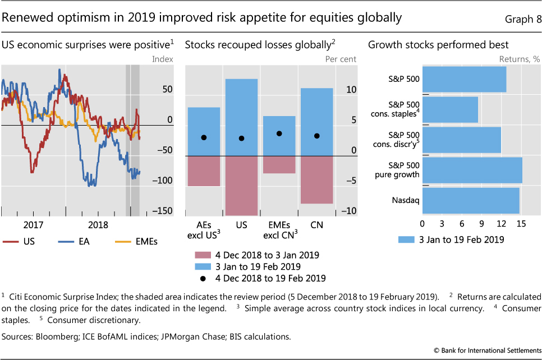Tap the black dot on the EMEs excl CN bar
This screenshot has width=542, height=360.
coord(279,133)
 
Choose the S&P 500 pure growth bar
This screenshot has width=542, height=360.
coord(472,170)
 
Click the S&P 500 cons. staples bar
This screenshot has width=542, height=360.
coord(450,109)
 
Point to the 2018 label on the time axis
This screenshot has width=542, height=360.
coord(98,225)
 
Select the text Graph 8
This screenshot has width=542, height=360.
coord(519,18)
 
